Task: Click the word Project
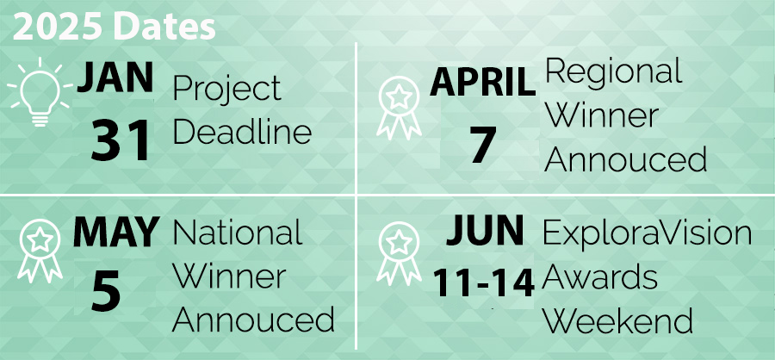click(x=226, y=90)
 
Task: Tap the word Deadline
click(x=241, y=133)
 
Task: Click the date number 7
click(x=483, y=143)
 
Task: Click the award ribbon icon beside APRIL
click(x=397, y=109)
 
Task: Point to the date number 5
click(x=106, y=291)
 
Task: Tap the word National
click(x=238, y=233)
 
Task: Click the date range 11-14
click(x=484, y=282)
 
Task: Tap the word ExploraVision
click(x=647, y=233)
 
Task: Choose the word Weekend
click(x=617, y=321)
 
